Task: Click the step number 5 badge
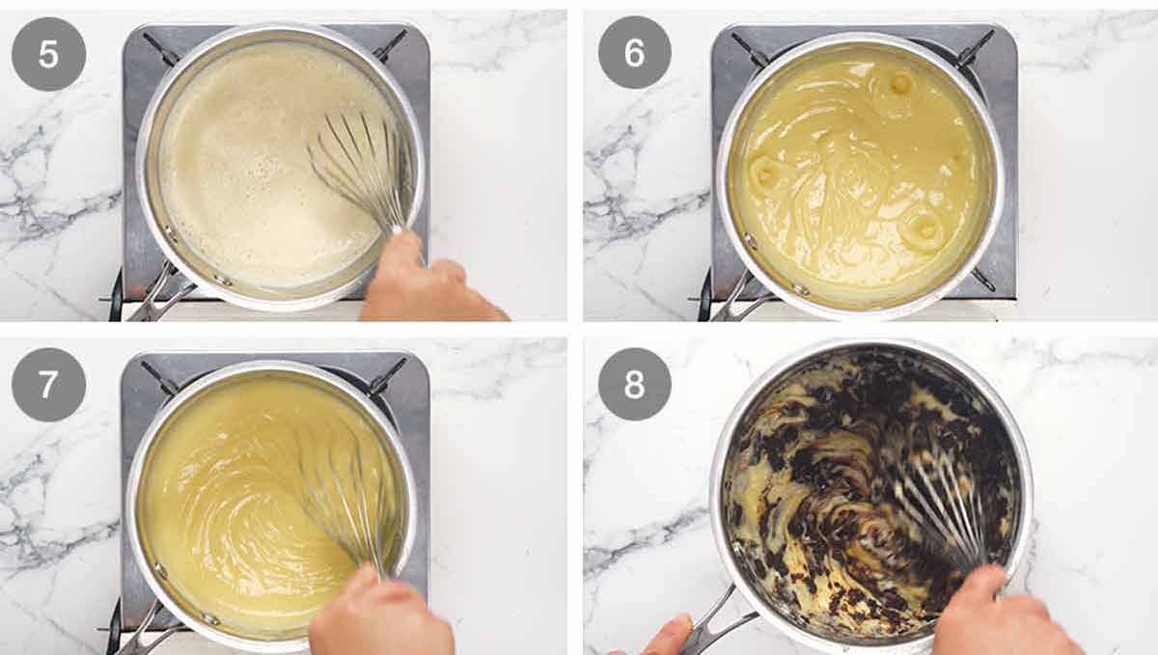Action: coord(48,54)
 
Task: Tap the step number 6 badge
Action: coord(634,52)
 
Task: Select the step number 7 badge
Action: coord(48,384)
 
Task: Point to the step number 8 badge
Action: coord(634,384)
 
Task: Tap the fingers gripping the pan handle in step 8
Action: coord(666,637)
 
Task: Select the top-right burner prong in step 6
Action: coord(975,46)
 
